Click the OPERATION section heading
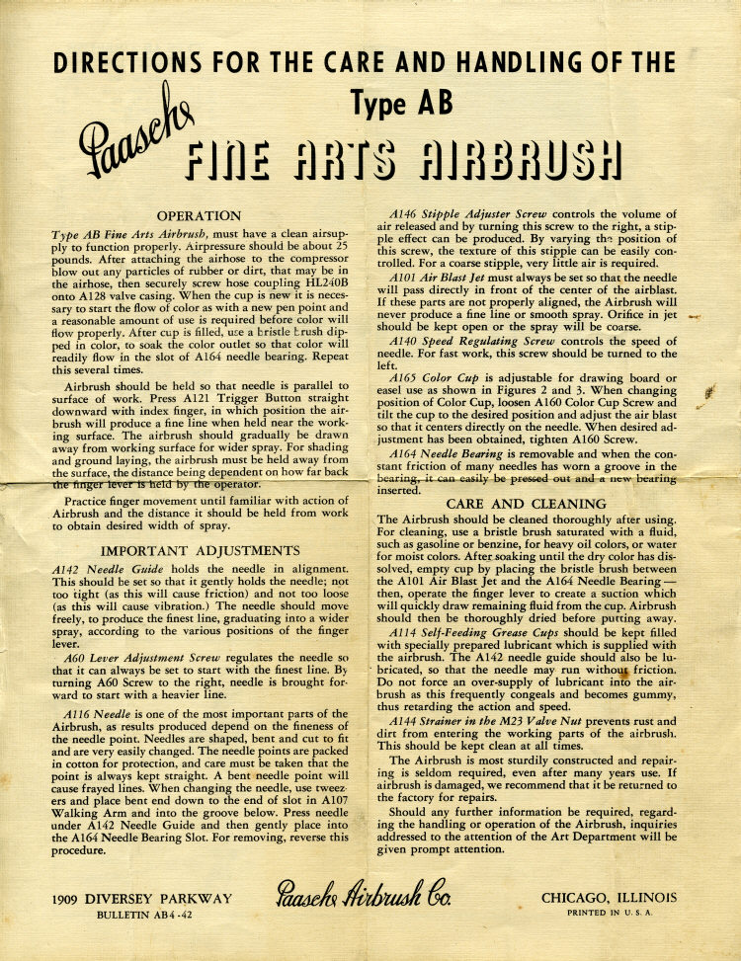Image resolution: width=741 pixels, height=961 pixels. pyautogui.click(x=200, y=215)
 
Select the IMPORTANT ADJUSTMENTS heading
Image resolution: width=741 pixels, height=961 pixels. pyautogui.click(x=200, y=551)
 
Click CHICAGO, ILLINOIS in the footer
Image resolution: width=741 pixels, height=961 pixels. pyautogui.click(x=609, y=897)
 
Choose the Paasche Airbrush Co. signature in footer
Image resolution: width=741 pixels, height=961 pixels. pyautogui.click(x=365, y=901)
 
